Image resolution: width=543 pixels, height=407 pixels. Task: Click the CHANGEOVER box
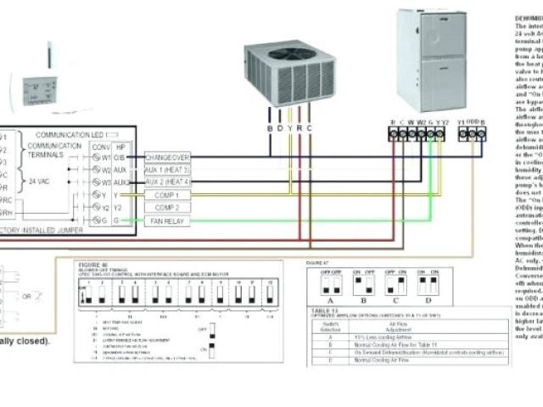point(167,158)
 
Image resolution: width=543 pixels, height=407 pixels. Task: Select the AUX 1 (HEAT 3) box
point(167,170)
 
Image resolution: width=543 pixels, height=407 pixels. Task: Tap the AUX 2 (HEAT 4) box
point(167,182)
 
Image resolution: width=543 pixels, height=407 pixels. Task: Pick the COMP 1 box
point(167,195)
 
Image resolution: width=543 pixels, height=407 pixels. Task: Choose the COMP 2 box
point(167,208)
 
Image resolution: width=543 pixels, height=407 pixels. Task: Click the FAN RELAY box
point(167,220)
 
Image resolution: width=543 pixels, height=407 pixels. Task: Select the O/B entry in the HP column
point(120,158)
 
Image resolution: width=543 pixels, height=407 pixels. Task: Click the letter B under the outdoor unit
point(269,128)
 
